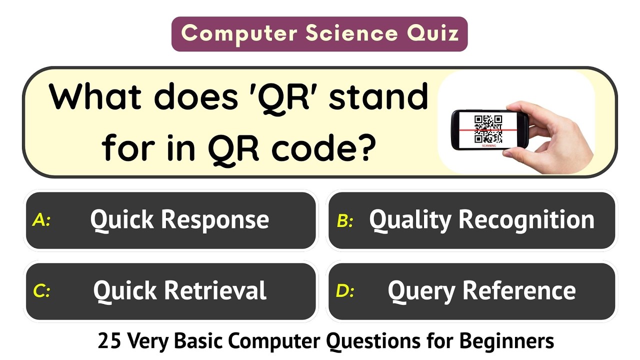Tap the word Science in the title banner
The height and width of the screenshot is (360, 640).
click(352, 33)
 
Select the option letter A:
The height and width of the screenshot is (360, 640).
click(41, 220)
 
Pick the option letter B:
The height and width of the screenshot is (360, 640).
click(345, 220)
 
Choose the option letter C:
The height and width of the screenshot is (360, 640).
click(41, 291)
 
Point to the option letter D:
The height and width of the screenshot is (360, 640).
click(345, 291)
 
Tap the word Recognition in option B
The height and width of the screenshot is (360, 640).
click(526, 220)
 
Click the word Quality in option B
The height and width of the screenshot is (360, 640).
click(410, 220)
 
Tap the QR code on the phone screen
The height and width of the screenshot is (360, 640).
click(488, 128)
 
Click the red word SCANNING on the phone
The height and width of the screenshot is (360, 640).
click(489, 145)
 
